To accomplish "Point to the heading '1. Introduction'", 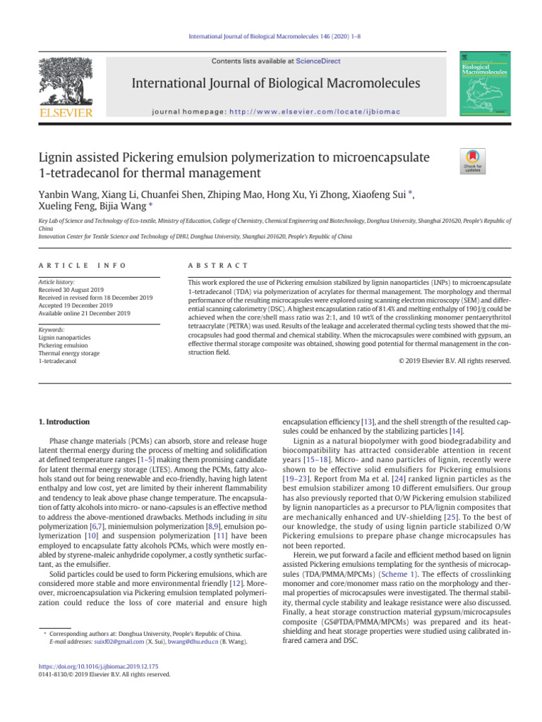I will pyautogui.click(x=63, y=422).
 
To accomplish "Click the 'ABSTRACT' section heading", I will pyautogui.click(x=215, y=265).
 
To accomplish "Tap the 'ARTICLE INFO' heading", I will pyautogui.click(x=82, y=265).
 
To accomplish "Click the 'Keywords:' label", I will pyautogui.click(x=52, y=329).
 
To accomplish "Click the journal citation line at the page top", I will pyautogui.click(x=271, y=35).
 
